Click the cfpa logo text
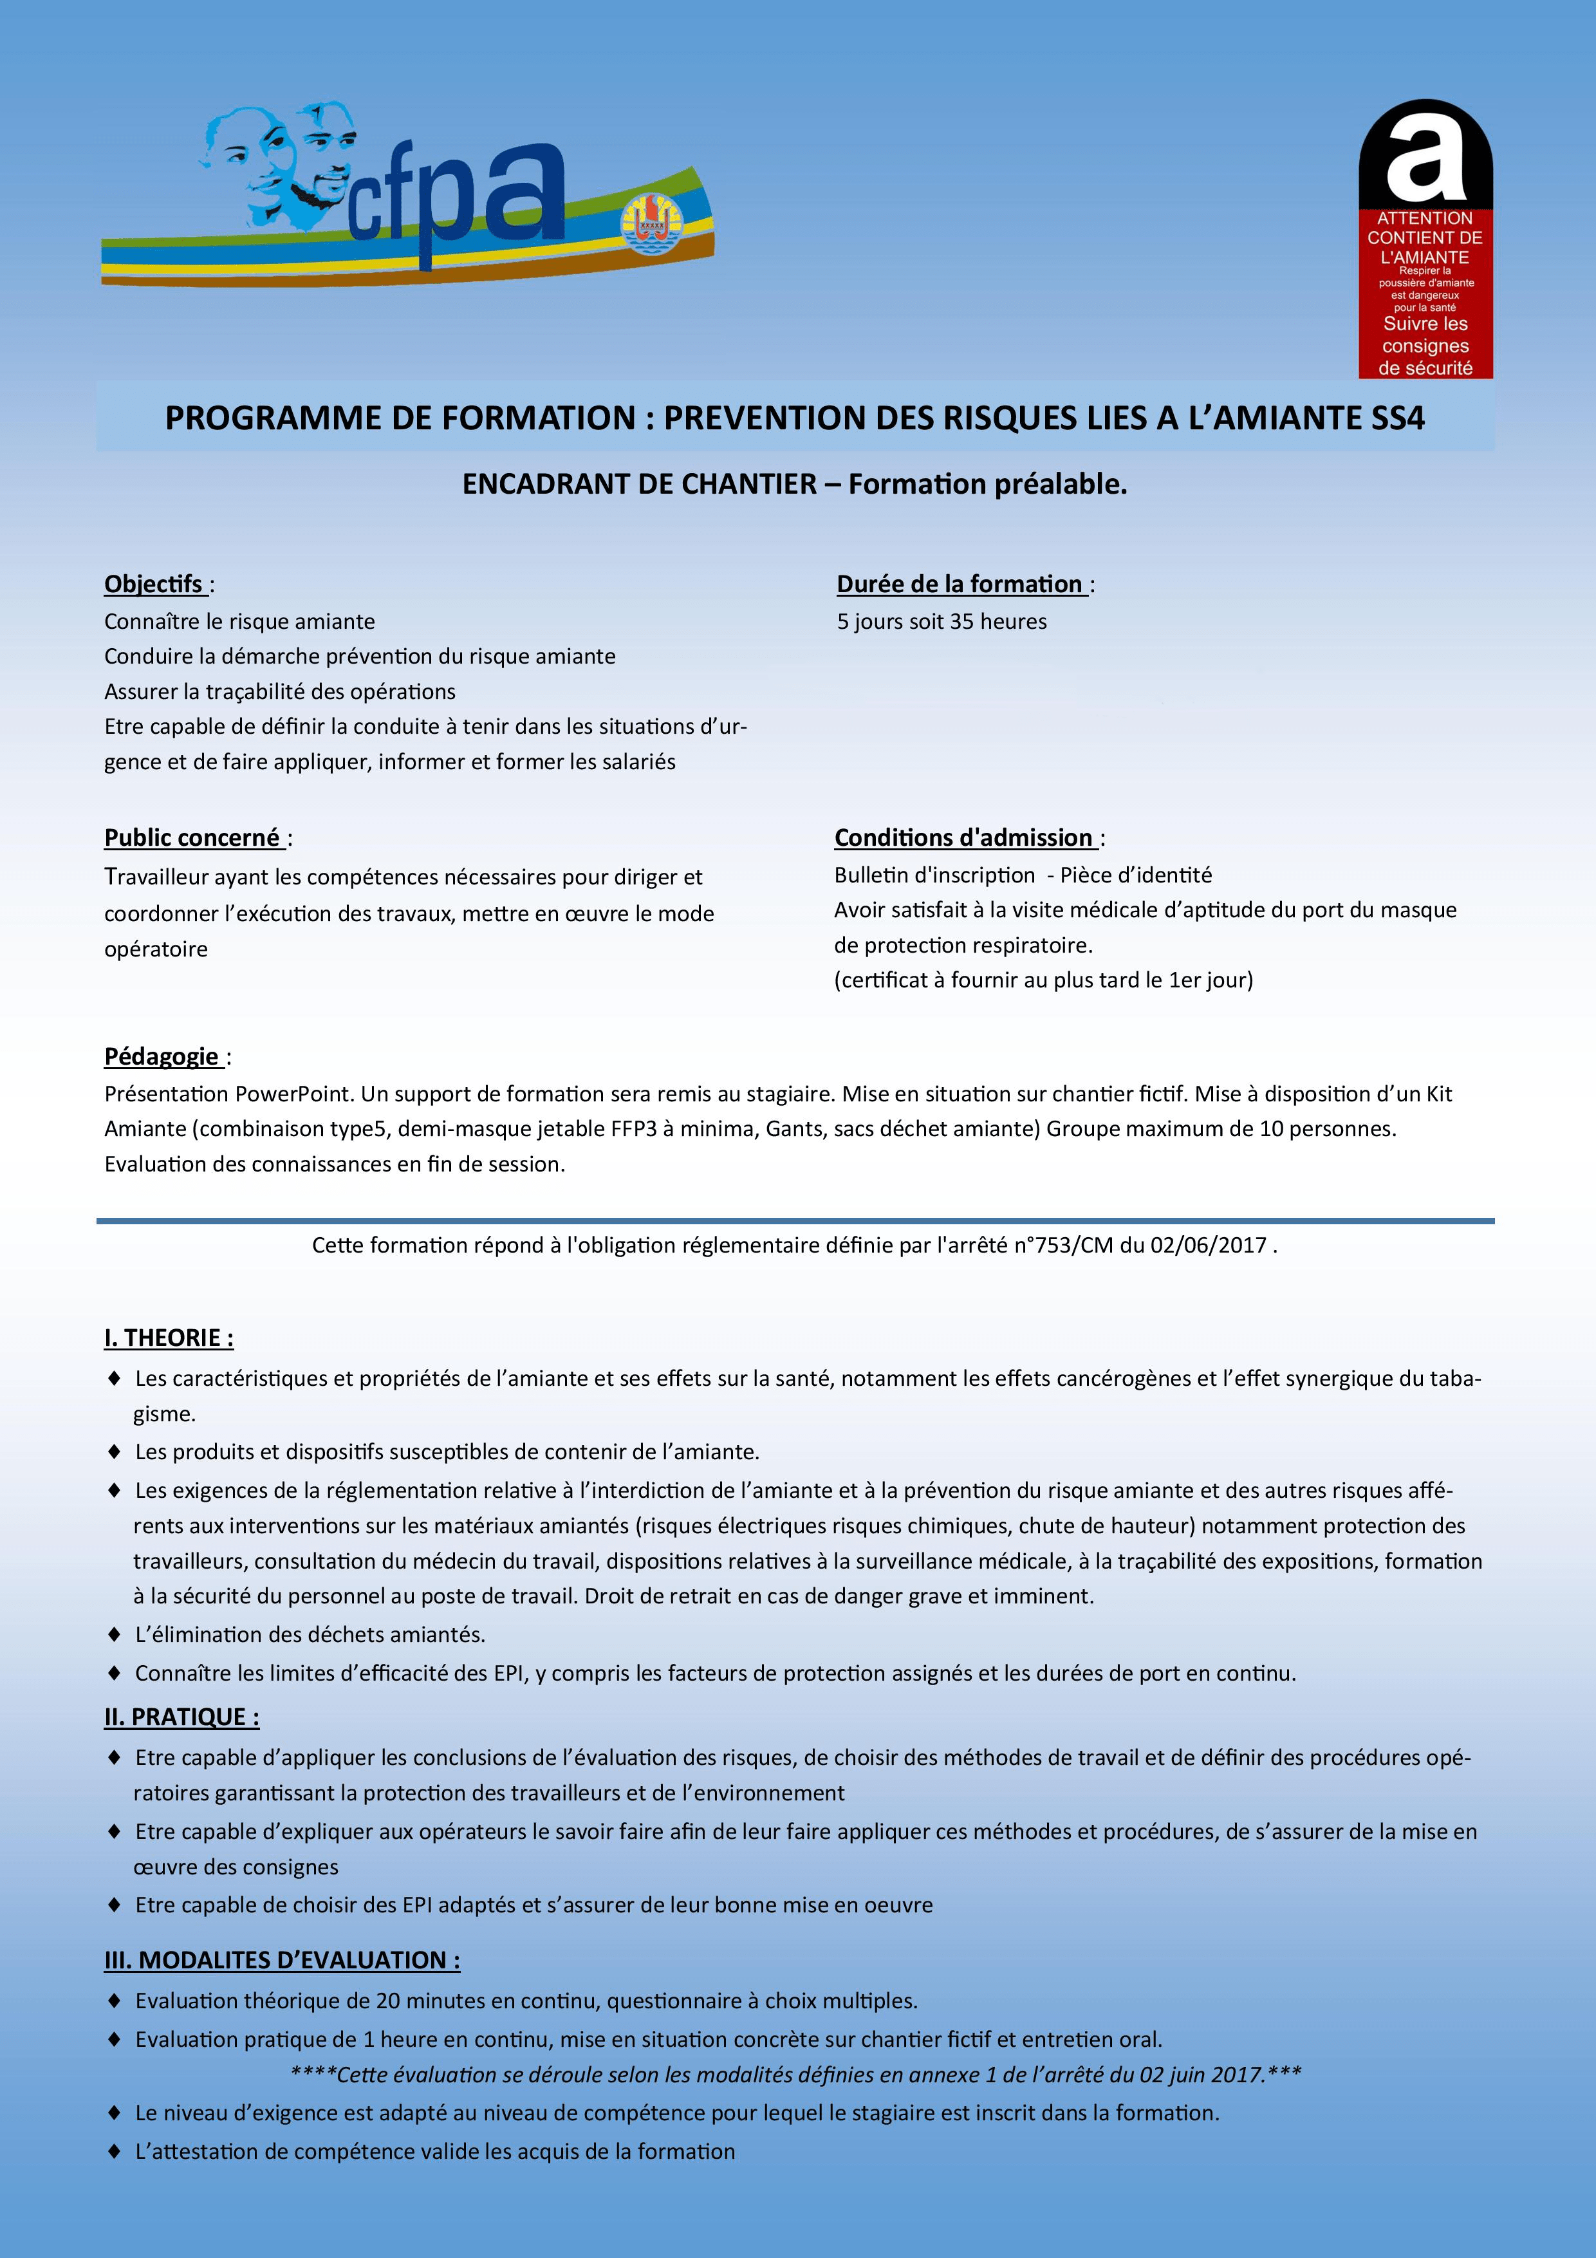(x=458, y=197)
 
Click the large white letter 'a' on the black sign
(x=1425, y=155)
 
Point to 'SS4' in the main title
(x=1397, y=418)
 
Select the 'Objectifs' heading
(x=153, y=584)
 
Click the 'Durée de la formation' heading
(x=960, y=584)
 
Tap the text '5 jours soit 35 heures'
(x=941, y=622)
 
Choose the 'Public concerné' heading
(x=192, y=838)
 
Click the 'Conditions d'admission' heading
(x=963, y=838)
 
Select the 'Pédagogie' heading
(x=162, y=1056)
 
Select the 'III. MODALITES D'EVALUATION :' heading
(x=283, y=1960)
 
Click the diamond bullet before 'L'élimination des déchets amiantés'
(x=114, y=1634)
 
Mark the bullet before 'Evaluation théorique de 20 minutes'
(x=114, y=2001)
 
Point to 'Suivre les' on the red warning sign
(x=1425, y=324)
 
